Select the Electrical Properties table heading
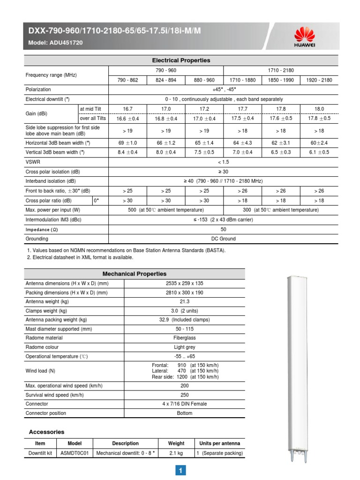[181, 60]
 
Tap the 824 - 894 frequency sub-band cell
[166, 80]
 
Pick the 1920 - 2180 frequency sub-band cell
[319, 80]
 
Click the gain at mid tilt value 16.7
[127, 109]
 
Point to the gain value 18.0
[319, 109]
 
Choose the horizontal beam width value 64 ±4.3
[242, 142]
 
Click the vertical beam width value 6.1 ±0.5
[319, 152]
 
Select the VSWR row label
[32, 162]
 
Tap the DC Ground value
[223, 239]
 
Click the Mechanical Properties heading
[134, 274]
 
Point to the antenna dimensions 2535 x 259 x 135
[184, 283]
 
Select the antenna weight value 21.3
[184, 302]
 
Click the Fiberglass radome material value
[184, 337]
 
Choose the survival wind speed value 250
[184, 395]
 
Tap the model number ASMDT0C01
[75, 453]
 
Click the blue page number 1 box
[181, 471]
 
